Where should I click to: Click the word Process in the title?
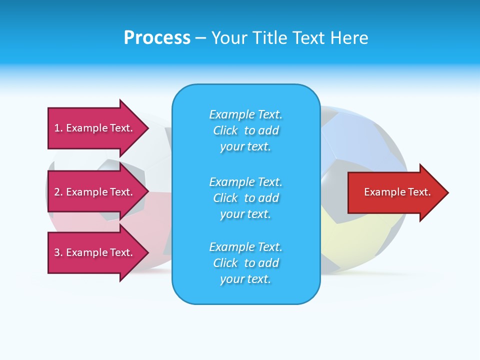[157, 38]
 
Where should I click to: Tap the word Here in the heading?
[349, 38]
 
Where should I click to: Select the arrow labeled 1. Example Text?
[95, 128]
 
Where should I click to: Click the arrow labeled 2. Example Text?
[95, 192]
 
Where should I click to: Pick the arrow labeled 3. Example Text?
[95, 252]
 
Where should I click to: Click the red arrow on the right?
[395, 192]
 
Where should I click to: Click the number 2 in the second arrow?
[57, 192]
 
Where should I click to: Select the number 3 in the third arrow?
[57, 252]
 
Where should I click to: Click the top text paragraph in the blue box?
[245, 130]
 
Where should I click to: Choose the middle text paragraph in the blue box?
[245, 198]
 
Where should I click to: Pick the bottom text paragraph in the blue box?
[245, 263]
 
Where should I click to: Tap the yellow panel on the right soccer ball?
[350, 235]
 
